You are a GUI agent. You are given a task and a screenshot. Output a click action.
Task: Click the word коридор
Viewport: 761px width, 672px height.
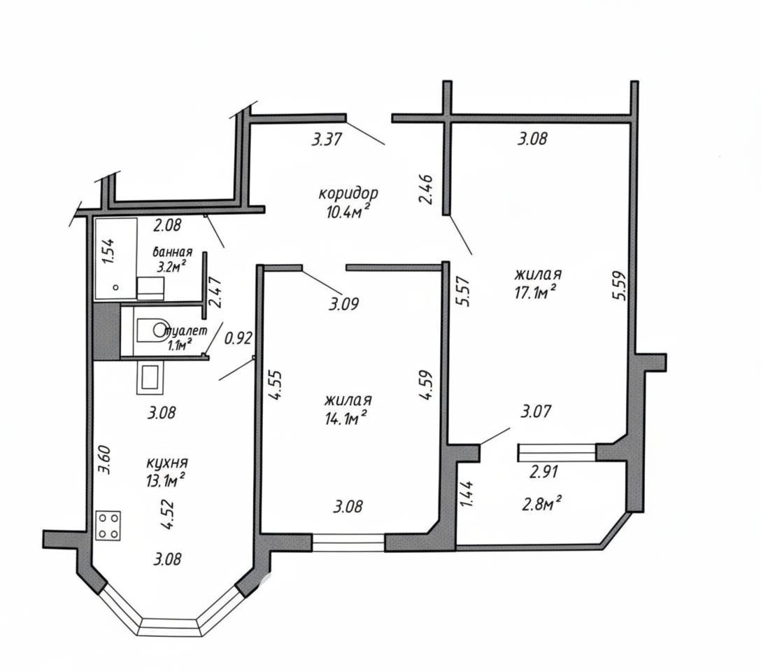348,194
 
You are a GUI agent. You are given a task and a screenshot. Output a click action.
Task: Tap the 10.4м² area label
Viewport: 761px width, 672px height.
348,211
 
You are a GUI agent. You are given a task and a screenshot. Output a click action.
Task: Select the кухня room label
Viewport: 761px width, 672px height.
166,463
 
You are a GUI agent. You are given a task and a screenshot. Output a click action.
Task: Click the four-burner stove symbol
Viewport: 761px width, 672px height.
108,526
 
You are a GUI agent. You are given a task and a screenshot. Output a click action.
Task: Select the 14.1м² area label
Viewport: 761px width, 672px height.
346,418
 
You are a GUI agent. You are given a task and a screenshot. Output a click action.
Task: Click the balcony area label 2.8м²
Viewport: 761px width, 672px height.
541,504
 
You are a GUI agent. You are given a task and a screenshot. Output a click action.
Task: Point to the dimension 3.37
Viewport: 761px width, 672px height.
327,140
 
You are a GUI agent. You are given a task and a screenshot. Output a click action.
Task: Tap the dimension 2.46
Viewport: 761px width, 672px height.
426,190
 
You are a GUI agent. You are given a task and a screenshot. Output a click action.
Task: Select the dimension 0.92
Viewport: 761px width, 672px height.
239,338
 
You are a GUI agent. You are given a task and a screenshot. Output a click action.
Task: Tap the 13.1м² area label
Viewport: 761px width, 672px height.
165,480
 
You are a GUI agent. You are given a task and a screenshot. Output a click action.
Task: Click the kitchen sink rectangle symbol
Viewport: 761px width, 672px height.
150,378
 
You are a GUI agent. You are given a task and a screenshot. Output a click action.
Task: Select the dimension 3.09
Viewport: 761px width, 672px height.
343,304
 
